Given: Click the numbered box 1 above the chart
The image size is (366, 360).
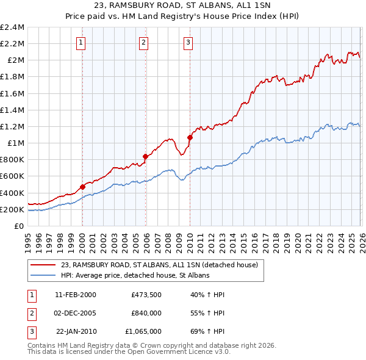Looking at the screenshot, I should [x=82, y=42].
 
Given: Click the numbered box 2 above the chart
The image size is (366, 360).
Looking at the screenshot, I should [x=143, y=42].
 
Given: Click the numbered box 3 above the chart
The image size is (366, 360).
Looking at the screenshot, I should [x=187, y=42].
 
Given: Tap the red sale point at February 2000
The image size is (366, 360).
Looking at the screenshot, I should [x=82, y=187].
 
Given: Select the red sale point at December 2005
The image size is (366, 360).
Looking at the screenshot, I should [x=145, y=156].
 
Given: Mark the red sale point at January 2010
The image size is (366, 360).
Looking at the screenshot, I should [x=190, y=138].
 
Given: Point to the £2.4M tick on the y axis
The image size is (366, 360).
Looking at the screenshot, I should [x=13, y=27].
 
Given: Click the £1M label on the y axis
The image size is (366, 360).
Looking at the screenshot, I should [x=16, y=143].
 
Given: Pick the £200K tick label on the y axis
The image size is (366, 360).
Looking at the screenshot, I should [x=13, y=209].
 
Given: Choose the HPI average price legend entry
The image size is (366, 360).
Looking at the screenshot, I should [x=135, y=276].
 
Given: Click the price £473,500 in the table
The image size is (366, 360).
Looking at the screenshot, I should [x=146, y=294].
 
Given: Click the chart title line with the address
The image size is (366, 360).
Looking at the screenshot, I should [x=183, y=5].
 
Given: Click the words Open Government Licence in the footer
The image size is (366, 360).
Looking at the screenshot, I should [x=179, y=352].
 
